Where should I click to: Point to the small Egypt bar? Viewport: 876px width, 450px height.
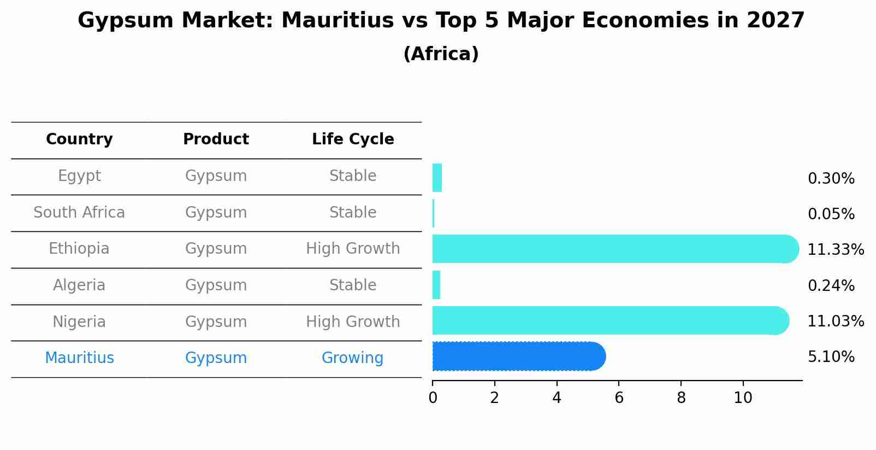click(x=437, y=178)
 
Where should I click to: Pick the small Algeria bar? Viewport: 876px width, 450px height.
click(x=436, y=285)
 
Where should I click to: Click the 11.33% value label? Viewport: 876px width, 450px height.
click(x=835, y=250)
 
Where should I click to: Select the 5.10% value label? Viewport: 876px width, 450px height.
click(x=831, y=357)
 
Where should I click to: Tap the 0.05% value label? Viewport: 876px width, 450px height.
click(x=831, y=214)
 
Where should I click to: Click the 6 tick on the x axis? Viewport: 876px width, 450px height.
click(x=619, y=398)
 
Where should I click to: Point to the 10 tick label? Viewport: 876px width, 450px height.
click(x=743, y=398)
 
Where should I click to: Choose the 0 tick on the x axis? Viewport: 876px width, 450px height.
click(x=433, y=398)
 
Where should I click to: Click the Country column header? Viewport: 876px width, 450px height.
click(x=79, y=139)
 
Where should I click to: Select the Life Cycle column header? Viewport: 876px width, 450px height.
click(x=353, y=139)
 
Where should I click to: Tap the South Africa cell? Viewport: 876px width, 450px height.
click(x=79, y=212)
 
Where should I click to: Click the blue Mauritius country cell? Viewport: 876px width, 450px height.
click(x=79, y=358)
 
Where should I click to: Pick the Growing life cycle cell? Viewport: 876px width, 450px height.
click(x=352, y=358)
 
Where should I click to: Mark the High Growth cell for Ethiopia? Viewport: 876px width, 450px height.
click(x=353, y=249)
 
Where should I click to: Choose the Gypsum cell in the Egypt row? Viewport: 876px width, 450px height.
click(x=216, y=176)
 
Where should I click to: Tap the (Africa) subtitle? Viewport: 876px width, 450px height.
click(x=441, y=54)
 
